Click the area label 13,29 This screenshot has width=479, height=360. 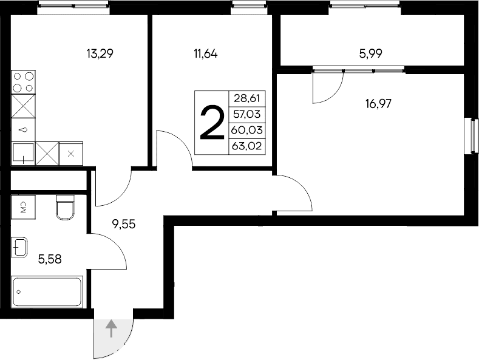coord(100,53)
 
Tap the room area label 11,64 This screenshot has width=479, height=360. coord(205,53)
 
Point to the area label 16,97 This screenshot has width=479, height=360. coord(378,103)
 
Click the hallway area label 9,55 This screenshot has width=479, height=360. coord(123,223)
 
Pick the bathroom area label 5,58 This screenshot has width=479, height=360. coord(50,259)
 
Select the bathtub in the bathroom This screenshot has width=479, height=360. coord(47,292)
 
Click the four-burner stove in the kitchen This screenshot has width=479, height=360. coord(24,83)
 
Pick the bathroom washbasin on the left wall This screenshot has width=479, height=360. coord(19,247)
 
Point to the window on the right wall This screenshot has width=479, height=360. coord(470,135)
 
